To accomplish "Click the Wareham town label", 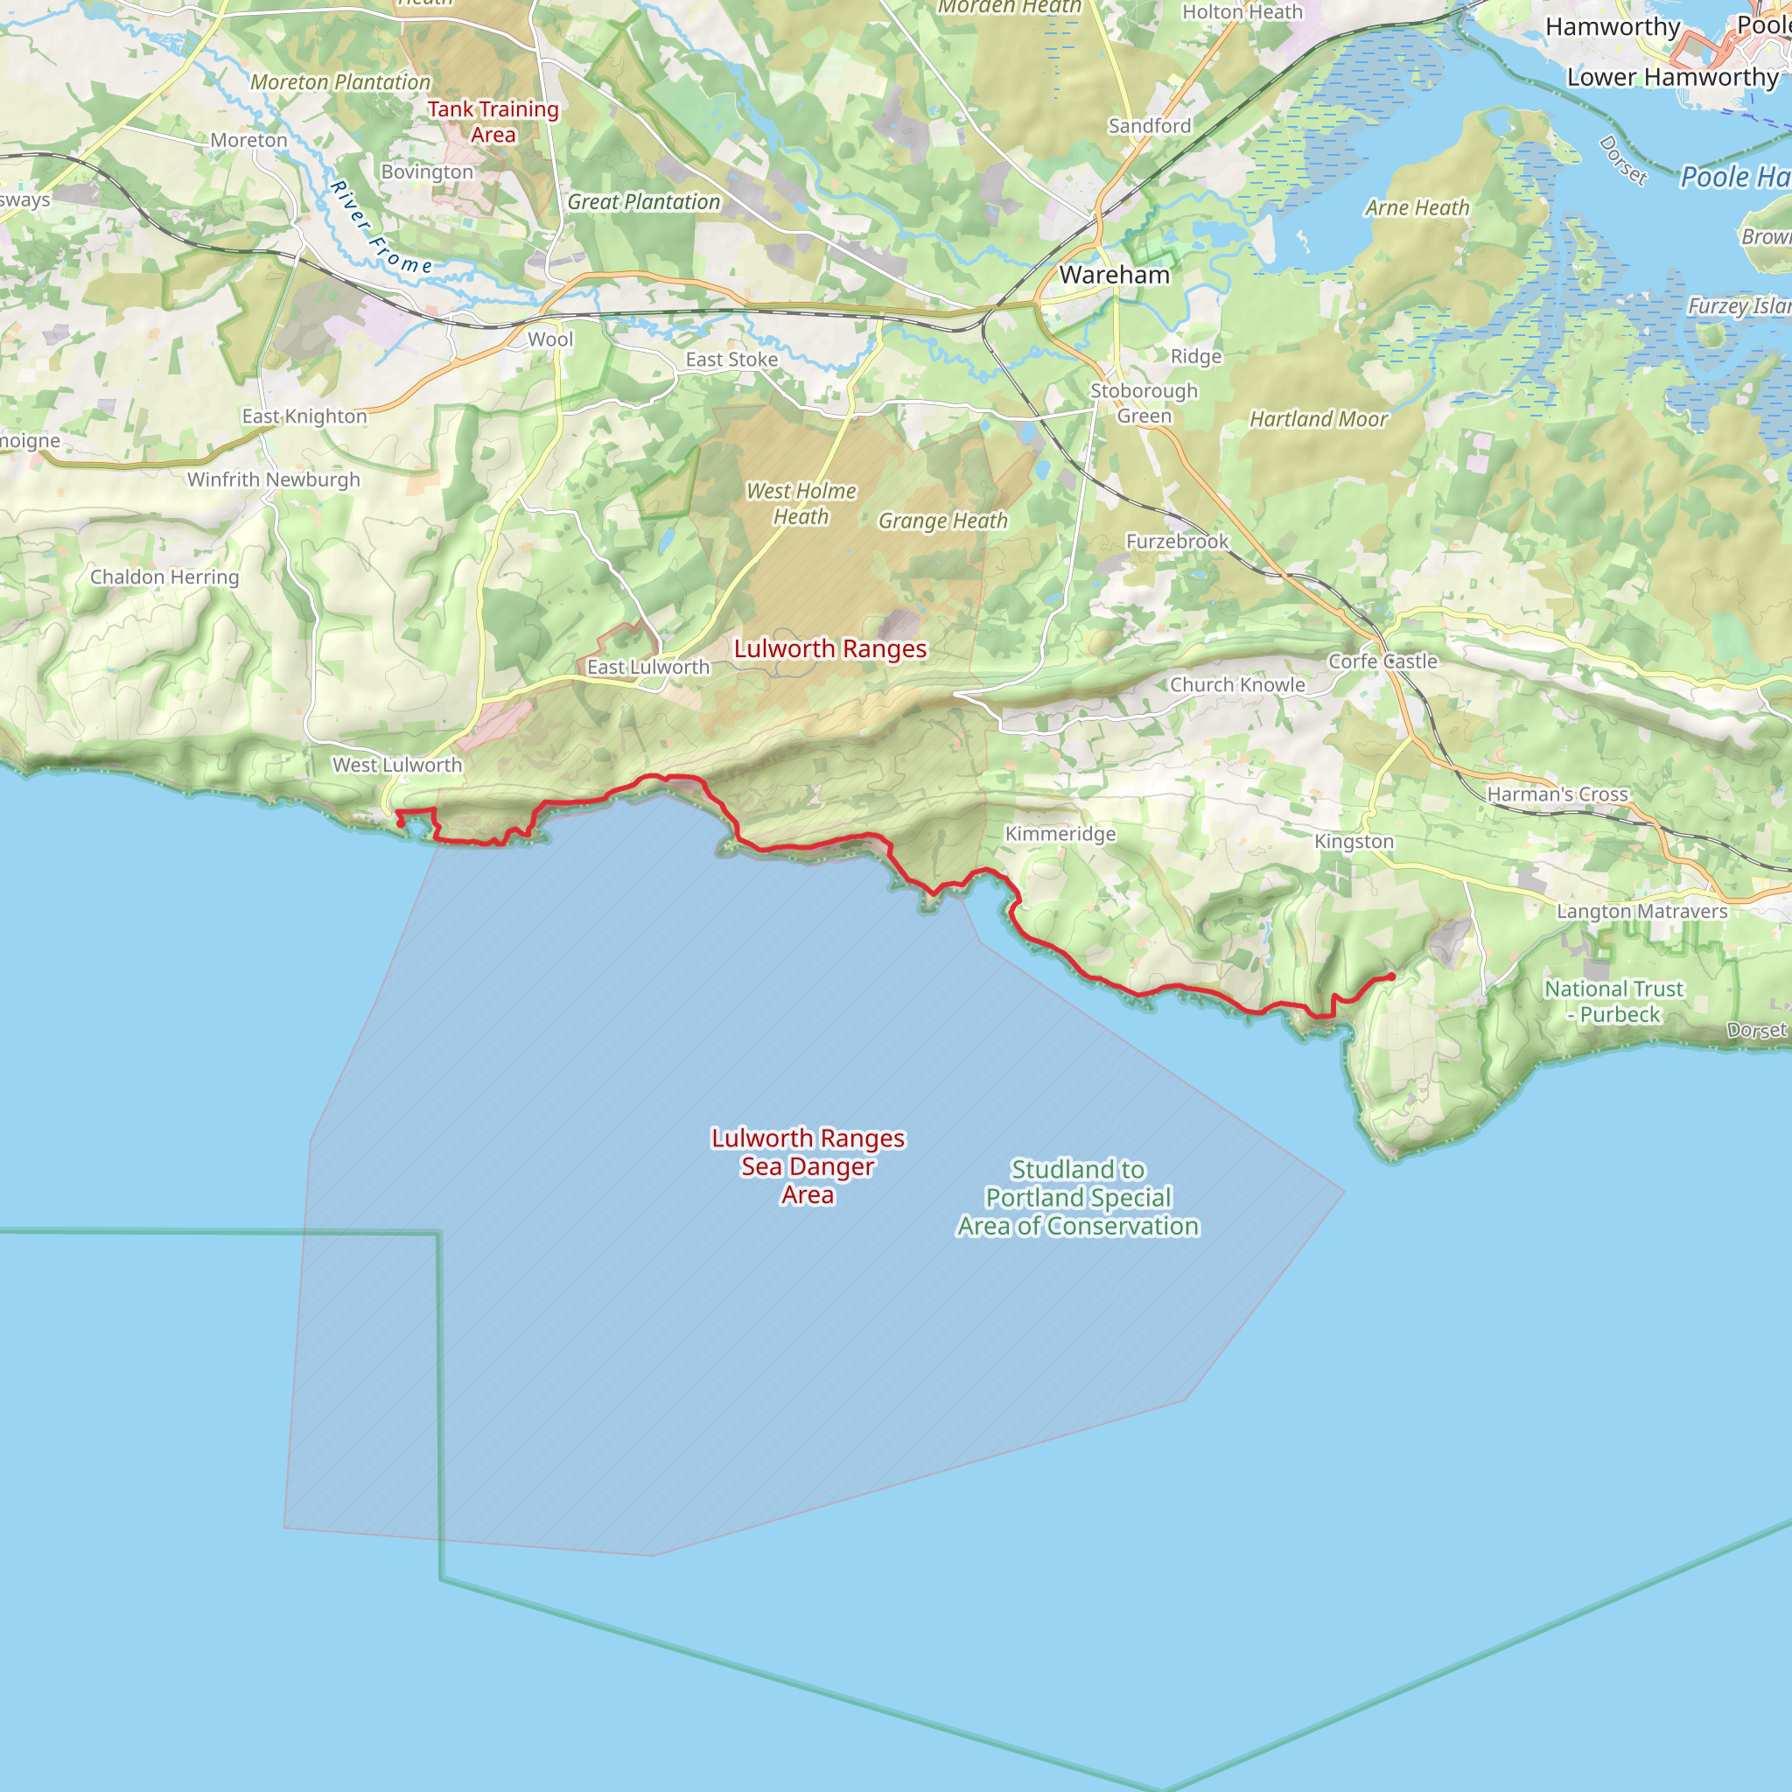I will tap(1114, 275).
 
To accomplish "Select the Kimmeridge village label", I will tap(1060, 834).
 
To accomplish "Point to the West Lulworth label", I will tap(397, 766).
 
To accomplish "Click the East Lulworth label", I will tap(647, 667).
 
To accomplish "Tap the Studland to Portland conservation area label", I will tap(1078, 1198).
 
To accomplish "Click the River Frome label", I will tap(381, 228).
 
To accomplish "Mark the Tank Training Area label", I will tap(493, 122).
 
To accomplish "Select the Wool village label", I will tap(550, 339).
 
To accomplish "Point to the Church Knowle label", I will tap(1237, 684).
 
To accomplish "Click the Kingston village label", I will tap(1354, 841).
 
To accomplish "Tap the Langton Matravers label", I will tap(1641, 911).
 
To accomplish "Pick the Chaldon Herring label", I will tap(164, 577).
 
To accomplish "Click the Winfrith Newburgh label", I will tap(274, 479).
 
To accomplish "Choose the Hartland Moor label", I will tap(1318, 419).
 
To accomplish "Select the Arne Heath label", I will tap(1417, 207).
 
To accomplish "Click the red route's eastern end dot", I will tap(1390, 976).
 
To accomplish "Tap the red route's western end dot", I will tap(400, 822).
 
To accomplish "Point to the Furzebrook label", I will tap(1177, 541).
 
